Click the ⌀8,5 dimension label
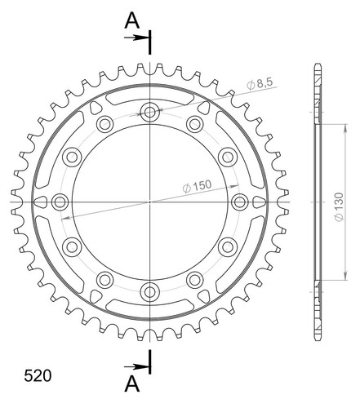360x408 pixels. click(260, 84)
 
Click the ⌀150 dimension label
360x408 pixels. click(197, 186)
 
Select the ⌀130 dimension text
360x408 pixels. click(339, 207)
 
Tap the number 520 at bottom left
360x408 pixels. click(38, 376)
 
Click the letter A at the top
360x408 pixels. click(132, 21)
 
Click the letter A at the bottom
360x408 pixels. click(132, 384)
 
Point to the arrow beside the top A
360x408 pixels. click(136, 38)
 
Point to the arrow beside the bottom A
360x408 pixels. click(136, 367)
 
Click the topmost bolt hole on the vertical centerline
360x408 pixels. click(149, 112)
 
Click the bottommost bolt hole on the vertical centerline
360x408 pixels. click(149, 292)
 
